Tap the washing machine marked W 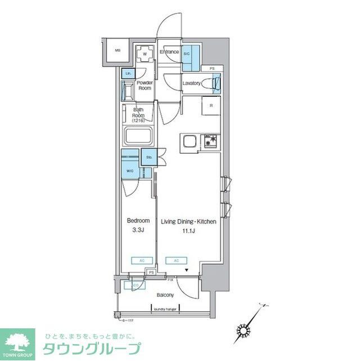coord(145,55)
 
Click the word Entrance coord(169,52)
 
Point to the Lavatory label coord(191,83)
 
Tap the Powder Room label coord(145,86)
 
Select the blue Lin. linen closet coord(128,74)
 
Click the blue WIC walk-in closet coord(130,170)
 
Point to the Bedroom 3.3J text coord(138,225)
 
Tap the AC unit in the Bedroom coord(138,261)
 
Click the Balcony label coord(165,295)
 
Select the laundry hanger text coord(164,307)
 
